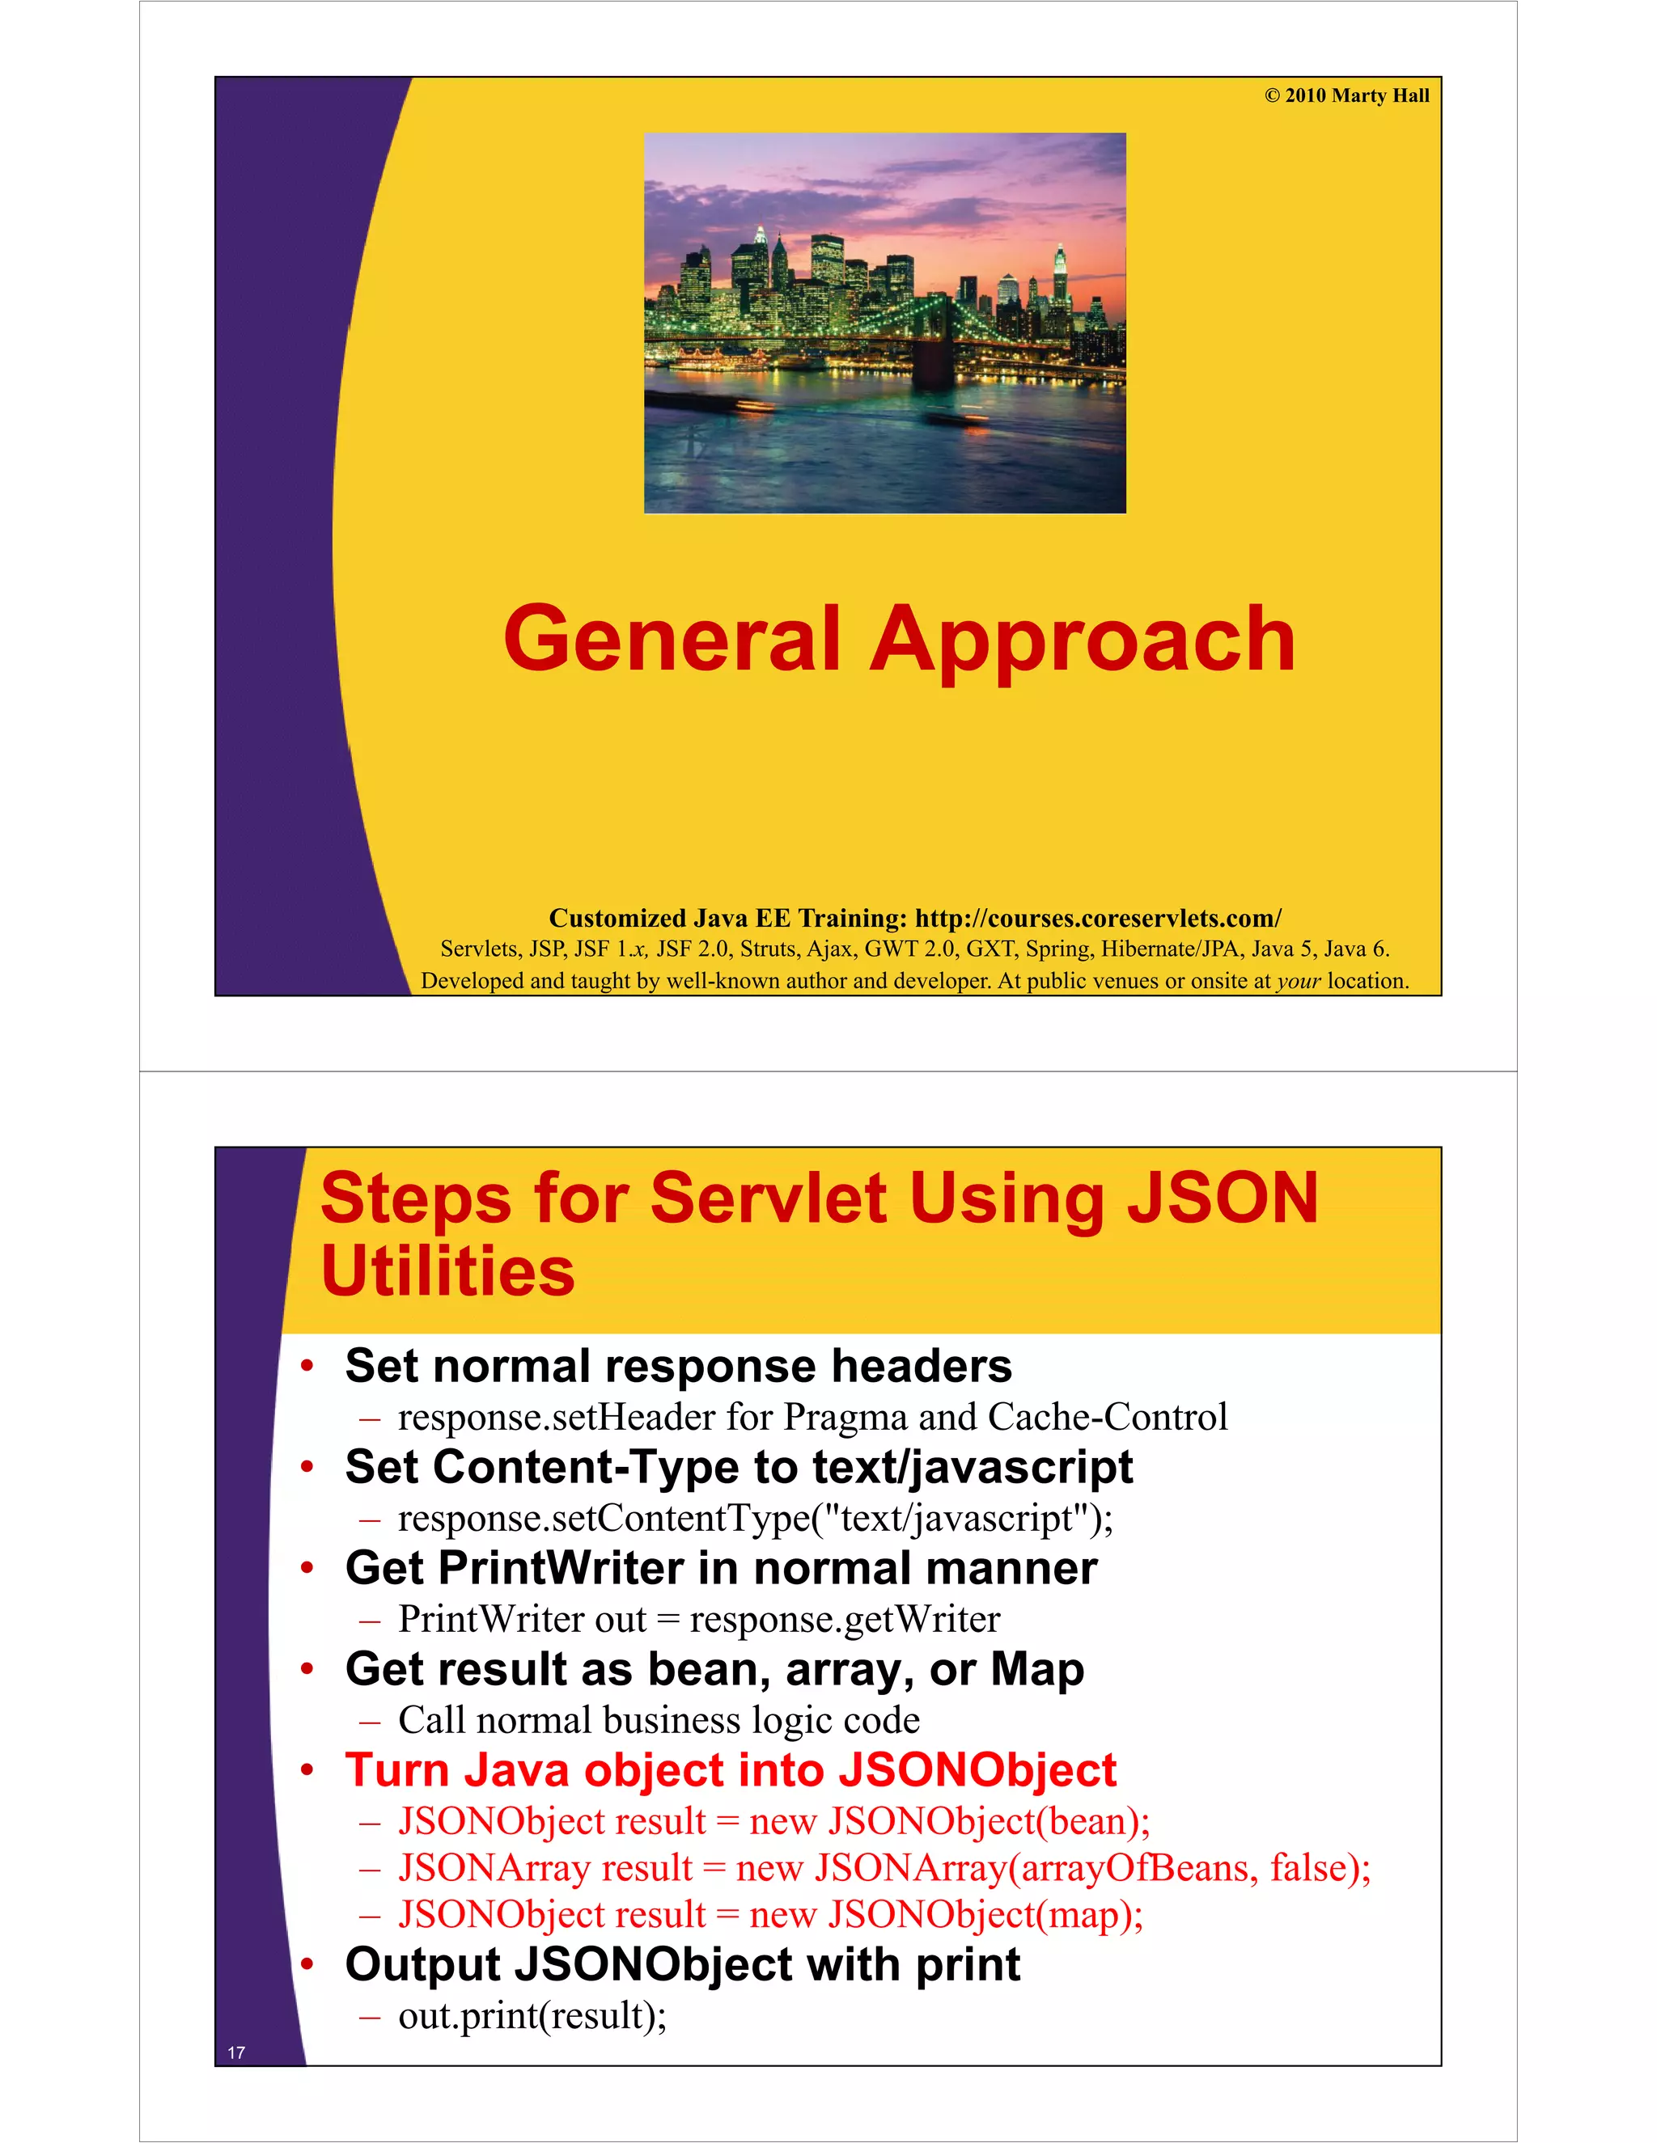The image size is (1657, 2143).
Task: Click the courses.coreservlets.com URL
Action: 1097,919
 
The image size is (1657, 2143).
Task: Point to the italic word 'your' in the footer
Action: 1298,980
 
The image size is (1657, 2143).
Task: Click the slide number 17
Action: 236,2052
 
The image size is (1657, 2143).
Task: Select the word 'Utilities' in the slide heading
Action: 447,1270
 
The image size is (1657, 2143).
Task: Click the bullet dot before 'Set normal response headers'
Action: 307,1365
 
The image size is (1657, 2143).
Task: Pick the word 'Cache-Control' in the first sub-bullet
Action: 1108,1417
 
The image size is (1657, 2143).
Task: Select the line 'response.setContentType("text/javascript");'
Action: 755,1518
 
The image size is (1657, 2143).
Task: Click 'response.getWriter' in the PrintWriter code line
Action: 844,1619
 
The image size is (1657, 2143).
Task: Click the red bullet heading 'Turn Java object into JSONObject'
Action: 731,1770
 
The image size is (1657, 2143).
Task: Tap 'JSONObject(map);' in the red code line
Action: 985,1914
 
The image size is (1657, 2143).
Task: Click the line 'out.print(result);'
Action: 532,2015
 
